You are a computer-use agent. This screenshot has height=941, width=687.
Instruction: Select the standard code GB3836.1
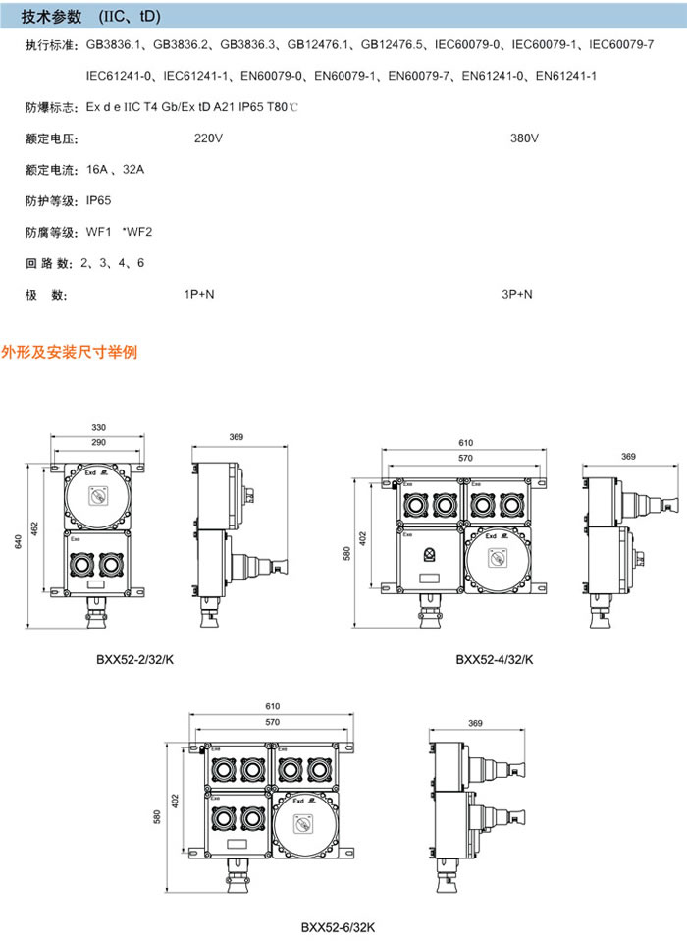(116, 45)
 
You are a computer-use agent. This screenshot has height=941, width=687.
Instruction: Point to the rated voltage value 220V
(208, 138)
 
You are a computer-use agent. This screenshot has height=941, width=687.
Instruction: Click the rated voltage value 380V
(524, 138)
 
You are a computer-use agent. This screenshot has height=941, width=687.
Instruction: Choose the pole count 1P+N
(199, 294)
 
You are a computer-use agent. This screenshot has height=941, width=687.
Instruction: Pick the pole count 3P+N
(516, 294)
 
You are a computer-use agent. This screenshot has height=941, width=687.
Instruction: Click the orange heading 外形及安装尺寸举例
(70, 351)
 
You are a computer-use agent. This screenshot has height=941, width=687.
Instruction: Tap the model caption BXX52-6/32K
(338, 926)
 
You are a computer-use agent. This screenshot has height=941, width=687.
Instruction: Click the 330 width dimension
(99, 428)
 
